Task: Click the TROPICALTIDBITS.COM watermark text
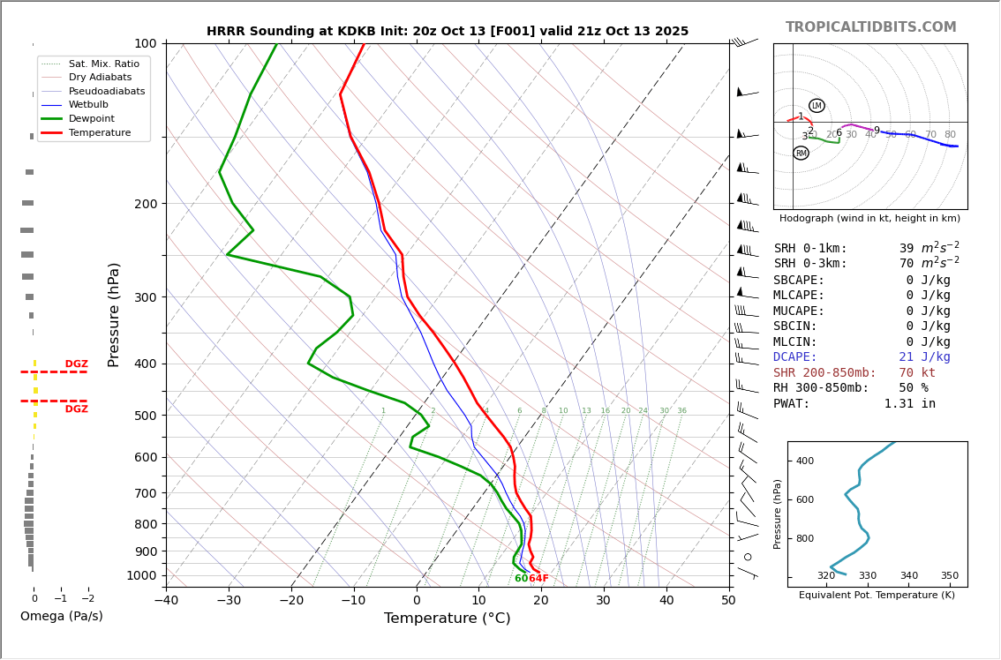pos(870,27)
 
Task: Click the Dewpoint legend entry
pos(91,118)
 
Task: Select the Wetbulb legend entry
pos(88,105)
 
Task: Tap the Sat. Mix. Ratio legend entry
pos(103,64)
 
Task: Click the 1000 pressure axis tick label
pos(141,575)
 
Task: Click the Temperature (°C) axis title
pos(447,619)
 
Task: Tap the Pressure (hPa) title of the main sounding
pos(114,314)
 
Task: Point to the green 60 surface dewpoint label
pos(521,579)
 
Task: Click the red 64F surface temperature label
pos(538,579)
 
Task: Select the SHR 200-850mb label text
pos(824,373)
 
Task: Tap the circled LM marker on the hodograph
pos(817,106)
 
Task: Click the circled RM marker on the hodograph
pos(801,154)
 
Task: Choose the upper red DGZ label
pos(77,364)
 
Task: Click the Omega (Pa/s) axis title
pos(62,617)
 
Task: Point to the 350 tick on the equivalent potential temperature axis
pos(949,576)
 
